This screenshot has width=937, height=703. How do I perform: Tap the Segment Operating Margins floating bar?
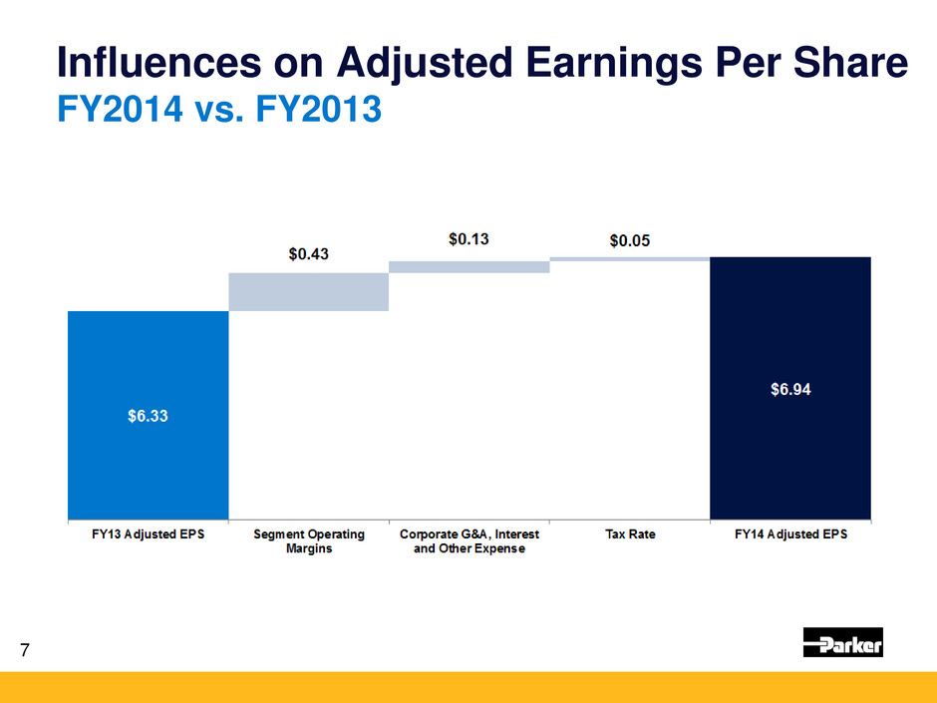[x=308, y=291]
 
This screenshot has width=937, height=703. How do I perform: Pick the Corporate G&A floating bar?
[x=468, y=266]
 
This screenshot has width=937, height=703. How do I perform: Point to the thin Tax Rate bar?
[x=629, y=258]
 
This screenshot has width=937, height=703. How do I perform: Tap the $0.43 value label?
[x=309, y=255]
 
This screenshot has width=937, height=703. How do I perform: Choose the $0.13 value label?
[x=469, y=239]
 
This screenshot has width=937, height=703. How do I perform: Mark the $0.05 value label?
[x=630, y=241]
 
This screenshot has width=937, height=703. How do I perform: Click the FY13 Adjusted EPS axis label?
[x=148, y=534]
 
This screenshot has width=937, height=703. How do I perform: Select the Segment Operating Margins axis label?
[x=308, y=541]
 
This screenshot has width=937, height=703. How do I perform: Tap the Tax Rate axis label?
[x=630, y=534]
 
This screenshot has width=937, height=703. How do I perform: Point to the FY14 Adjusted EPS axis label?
[x=790, y=534]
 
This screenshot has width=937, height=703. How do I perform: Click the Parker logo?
[x=843, y=643]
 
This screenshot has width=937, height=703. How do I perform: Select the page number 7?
[x=25, y=652]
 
